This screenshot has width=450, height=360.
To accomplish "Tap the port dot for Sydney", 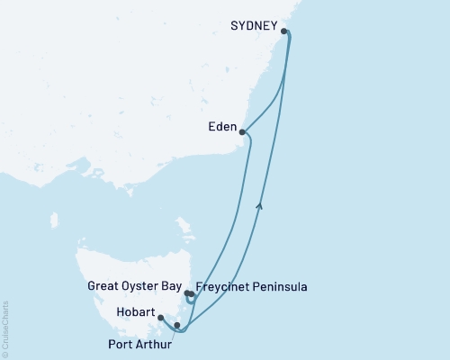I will [x=285, y=31].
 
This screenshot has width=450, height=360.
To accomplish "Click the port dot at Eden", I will [x=242, y=132].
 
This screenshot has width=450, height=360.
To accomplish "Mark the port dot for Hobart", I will [x=160, y=318].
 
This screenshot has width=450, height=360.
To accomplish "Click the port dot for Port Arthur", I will [x=177, y=325].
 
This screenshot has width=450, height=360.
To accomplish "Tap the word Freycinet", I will [x=225, y=288].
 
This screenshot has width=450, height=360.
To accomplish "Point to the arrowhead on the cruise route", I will [x=260, y=207].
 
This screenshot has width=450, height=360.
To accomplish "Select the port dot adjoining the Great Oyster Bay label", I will [x=186, y=293].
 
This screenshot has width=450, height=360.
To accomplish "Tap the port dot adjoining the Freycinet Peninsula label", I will [x=192, y=294].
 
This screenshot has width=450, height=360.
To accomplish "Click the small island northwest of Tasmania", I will [x=54, y=220].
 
